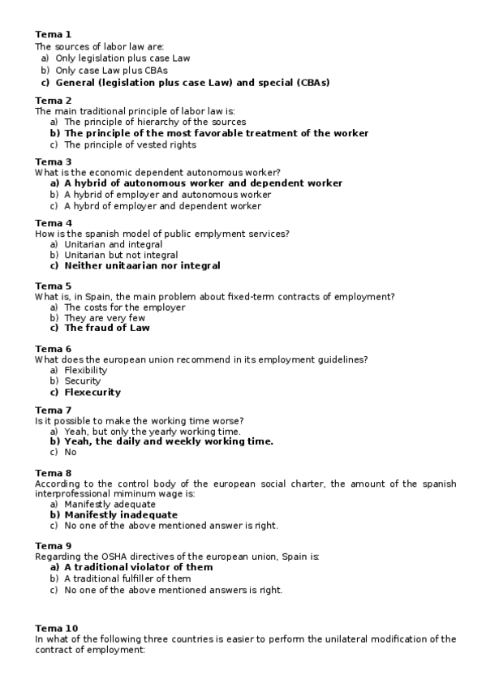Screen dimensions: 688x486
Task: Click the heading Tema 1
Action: pyautogui.click(x=54, y=34)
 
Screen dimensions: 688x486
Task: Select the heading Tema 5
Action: pyautogui.click(x=54, y=286)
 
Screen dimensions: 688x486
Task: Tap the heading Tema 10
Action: pyautogui.click(x=57, y=628)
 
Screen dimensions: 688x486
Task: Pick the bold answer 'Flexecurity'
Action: pyautogui.click(x=92, y=392)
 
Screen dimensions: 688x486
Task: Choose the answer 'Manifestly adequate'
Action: pyautogui.click(x=110, y=504)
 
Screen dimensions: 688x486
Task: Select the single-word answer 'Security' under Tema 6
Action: pyautogui.click(x=83, y=381)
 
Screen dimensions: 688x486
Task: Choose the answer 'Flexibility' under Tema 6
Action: pyautogui.click(x=86, y=371)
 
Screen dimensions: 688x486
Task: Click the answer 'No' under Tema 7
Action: pyautogui.click(x=71, y=453)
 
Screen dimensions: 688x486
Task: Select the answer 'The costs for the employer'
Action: pyautogui.click(x=124, y=307)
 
